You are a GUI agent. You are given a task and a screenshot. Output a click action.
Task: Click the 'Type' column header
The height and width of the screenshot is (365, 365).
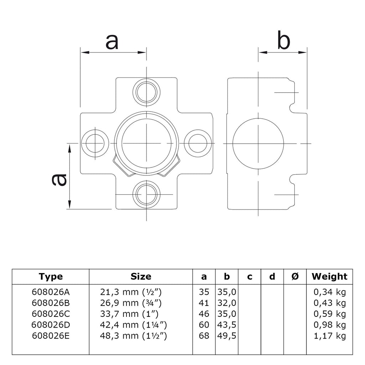51,276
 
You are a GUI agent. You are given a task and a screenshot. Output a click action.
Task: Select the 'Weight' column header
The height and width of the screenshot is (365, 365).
329,276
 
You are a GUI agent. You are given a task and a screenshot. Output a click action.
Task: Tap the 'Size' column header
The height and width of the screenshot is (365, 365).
141,276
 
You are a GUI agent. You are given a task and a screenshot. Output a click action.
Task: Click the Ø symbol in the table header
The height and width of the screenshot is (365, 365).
295,276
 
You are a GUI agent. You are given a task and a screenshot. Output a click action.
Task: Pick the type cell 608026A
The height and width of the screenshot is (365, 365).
51,292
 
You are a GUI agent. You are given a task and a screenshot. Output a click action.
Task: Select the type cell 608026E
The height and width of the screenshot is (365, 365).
51,335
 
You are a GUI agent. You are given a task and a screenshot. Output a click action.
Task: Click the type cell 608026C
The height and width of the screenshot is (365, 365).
51,314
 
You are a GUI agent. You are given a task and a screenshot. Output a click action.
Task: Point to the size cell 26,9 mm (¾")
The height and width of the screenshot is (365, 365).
131,303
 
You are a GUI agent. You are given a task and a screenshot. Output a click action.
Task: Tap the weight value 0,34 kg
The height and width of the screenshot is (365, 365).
329,292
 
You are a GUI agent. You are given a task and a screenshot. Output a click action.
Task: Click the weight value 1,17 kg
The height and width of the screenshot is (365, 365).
329,335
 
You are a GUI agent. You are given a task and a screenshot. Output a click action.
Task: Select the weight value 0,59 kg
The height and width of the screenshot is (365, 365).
329,314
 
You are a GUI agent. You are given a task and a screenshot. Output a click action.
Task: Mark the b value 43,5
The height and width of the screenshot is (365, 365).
227,325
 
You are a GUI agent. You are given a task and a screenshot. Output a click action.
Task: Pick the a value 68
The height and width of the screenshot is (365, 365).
204,335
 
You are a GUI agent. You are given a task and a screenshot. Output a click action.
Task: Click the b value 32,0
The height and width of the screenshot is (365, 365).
227,303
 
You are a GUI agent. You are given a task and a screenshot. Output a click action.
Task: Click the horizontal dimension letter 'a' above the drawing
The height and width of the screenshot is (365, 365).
112,42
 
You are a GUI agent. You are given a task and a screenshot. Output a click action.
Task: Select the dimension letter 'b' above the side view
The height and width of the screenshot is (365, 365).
284,41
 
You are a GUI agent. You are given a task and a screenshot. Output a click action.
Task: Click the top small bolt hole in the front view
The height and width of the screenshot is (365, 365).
146,91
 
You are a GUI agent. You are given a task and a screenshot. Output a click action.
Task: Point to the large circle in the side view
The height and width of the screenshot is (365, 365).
258,143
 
